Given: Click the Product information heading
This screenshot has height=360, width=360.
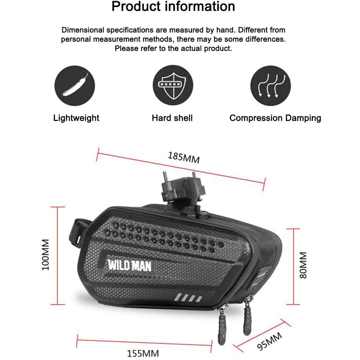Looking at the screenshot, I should tap(173, 7).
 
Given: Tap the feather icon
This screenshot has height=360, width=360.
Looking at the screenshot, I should tap(75, 86).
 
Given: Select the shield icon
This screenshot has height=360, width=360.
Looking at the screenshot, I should tap(173, 85).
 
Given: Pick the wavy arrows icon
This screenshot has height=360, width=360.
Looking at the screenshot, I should tap(270, 86).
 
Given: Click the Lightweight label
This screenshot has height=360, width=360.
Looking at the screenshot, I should tap(76, 118).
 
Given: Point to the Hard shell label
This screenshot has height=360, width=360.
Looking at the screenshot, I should tap(172, 118).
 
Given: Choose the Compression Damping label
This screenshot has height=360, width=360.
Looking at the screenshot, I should tap(275, 118).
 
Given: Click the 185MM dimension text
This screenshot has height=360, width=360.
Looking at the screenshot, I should tap(184, 157).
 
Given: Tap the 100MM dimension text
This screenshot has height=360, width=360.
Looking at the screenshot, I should tap(46, 255).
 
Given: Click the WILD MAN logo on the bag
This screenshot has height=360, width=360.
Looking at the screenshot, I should tap(129, 265).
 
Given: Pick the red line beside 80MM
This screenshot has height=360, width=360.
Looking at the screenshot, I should tap(293, 266).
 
